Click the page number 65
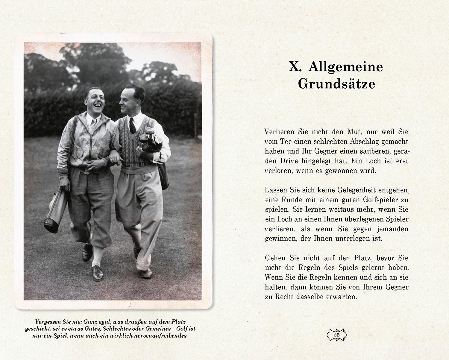tap(336, 335)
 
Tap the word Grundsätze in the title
tap(336, 84)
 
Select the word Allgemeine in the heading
tap(345, 66)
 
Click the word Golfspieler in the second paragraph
tap(380, 200)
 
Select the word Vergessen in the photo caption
tap(48, 322)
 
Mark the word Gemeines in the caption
tap(160, 329)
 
